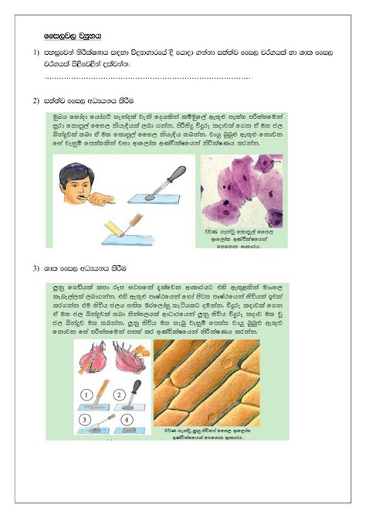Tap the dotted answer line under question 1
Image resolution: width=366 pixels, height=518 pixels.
pos(147,77)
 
